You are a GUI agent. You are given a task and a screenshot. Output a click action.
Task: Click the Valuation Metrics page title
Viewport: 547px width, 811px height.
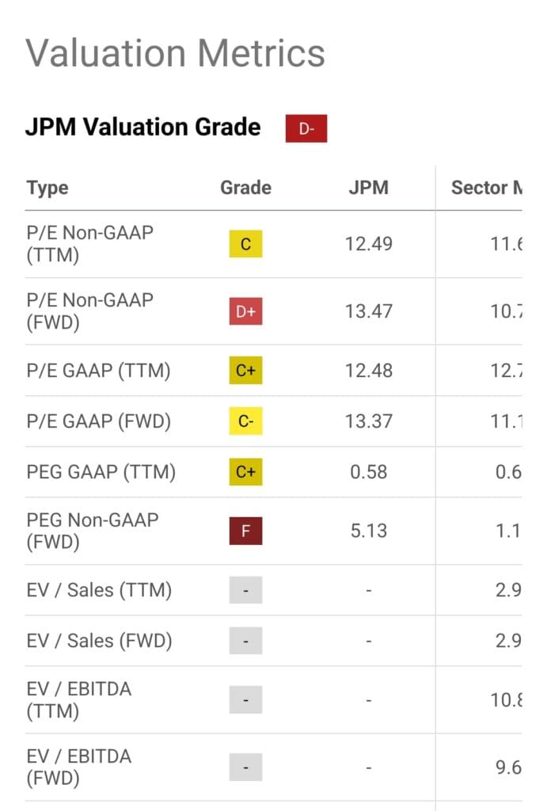[x=175, y=53]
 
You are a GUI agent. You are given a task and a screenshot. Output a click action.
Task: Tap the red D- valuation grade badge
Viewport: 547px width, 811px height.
[x=306, y=128]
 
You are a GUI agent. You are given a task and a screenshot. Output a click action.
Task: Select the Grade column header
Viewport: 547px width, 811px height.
[x=245, y=188]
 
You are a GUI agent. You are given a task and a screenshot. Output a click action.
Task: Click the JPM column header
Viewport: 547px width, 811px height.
[x=368, y=188]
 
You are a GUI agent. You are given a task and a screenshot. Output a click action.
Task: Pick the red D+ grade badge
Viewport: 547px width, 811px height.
[x=245, y=311]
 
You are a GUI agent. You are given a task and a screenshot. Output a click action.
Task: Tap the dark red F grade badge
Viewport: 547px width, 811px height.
[x=245, y=531]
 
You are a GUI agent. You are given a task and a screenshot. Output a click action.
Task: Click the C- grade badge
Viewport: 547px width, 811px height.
[x=245, y=421]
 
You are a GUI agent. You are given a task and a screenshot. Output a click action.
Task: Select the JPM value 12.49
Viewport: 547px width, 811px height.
[x=368, y=244]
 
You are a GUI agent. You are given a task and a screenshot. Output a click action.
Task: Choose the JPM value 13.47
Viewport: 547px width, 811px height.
[x=368, y=311]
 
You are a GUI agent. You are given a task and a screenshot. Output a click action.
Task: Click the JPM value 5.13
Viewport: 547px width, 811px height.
[x=368, y=531]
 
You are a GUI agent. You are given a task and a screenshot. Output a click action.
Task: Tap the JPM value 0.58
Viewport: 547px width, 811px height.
[x=368, y=472]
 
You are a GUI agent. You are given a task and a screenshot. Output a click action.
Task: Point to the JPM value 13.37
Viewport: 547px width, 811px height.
[x=368, y=421]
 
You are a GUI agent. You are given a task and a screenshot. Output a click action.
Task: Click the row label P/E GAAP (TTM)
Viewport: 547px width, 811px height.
[x=98, y=371]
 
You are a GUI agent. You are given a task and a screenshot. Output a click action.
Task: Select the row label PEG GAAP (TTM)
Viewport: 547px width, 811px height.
[x=101, y=472]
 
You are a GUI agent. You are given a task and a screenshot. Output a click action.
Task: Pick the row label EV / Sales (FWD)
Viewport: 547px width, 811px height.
[x=99, y=640]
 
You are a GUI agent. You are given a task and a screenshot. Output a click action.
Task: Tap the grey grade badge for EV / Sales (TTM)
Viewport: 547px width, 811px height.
[x=245, y=590]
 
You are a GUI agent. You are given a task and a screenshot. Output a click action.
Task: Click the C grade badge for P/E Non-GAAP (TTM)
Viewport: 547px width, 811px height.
[x=245, y=244]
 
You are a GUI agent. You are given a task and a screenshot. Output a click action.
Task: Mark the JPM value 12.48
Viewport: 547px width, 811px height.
[x=368, y=371]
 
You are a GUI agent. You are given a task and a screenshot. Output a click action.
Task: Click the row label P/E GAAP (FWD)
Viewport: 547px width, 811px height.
[x=99, y=421]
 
